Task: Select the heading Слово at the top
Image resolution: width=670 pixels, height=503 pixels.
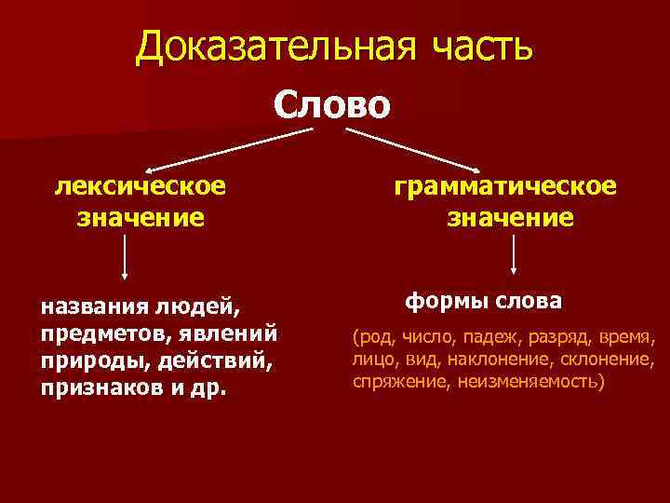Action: pos(333,103)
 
